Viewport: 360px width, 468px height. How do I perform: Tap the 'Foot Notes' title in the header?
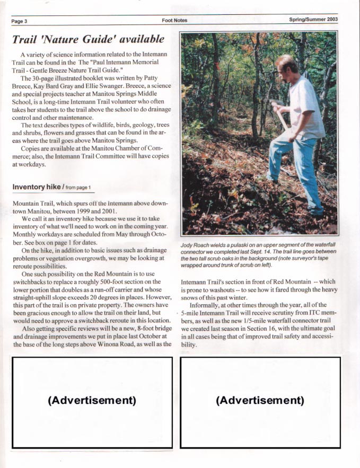click(176, 20)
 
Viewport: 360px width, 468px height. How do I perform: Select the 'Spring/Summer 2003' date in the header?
click(313, 20)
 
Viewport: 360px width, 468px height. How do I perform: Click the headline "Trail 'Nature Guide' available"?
click(88, 40)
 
